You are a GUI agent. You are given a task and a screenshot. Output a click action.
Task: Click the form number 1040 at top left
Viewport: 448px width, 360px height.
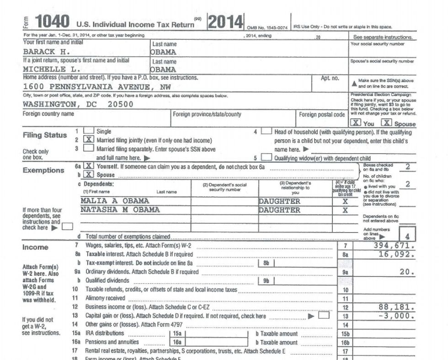click(x=52, y=21)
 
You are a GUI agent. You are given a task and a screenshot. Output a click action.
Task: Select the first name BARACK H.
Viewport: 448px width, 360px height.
click(x=46, y=52)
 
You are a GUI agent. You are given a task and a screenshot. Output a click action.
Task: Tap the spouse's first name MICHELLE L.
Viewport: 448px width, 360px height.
click(x=52, y=69)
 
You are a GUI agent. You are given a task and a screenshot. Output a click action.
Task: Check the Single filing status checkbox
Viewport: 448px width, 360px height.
click(x=89, y=132)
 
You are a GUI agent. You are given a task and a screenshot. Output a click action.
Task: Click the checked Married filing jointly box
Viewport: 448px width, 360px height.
click(x=89, y=140)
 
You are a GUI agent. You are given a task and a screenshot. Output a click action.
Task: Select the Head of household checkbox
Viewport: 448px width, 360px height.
click(x=267, y=132)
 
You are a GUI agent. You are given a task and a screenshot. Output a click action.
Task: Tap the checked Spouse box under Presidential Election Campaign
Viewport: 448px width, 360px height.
click(x=387, y=123)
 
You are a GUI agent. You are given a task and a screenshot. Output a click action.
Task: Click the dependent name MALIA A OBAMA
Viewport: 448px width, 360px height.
click(x=115, y=201)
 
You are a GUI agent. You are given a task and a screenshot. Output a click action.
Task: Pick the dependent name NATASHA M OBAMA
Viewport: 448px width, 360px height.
click(x=120, y=210)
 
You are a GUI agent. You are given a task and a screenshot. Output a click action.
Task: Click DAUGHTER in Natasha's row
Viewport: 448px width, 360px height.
click(x=279, y=210)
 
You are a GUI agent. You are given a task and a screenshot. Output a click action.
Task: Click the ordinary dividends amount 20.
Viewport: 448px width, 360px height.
click(x=407, y=272)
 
